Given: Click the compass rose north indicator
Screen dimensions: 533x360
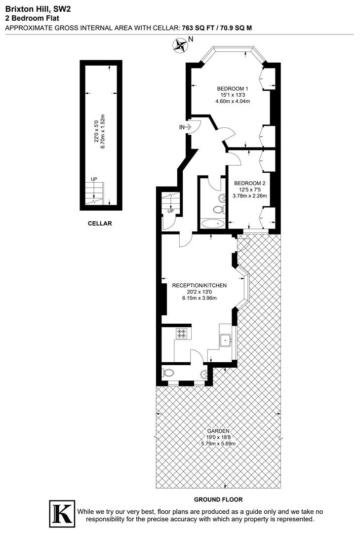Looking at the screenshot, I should click(181, 46).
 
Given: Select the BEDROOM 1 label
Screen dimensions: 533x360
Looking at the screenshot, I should click(233, 89).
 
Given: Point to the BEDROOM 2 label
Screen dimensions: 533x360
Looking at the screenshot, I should click(250, 183).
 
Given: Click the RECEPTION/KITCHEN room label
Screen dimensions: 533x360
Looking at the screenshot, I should click(199, 285).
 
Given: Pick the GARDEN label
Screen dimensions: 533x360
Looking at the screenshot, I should click(218, 431).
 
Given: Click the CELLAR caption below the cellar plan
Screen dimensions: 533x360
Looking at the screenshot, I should click(100, 223).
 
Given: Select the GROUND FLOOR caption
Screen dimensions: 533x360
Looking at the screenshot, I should click(218, 499).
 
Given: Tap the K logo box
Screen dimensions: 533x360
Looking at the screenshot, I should click(62, 515).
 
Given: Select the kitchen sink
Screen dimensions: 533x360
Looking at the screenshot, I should click(227, 339).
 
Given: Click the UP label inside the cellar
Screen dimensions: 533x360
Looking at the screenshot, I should click(93, 179).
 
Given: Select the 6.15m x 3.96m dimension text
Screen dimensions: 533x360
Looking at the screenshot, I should click(199, 298).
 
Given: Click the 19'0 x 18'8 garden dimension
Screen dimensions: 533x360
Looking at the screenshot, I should click(218, 437).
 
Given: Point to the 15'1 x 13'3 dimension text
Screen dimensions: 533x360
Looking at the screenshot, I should click(233, 95).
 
